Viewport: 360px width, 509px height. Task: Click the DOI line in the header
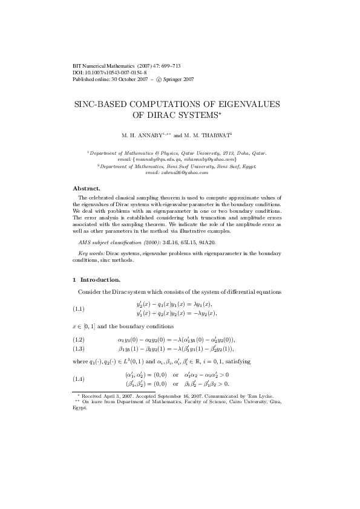click(109, 73)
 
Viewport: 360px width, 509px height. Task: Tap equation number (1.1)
click(78, 309)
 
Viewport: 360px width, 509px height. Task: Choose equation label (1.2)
click(78, 340)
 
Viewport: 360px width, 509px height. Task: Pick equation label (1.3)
click(78, 349)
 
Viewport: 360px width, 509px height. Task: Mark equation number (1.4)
click(78, 379)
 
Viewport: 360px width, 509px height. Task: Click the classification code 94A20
click(205, 242)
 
